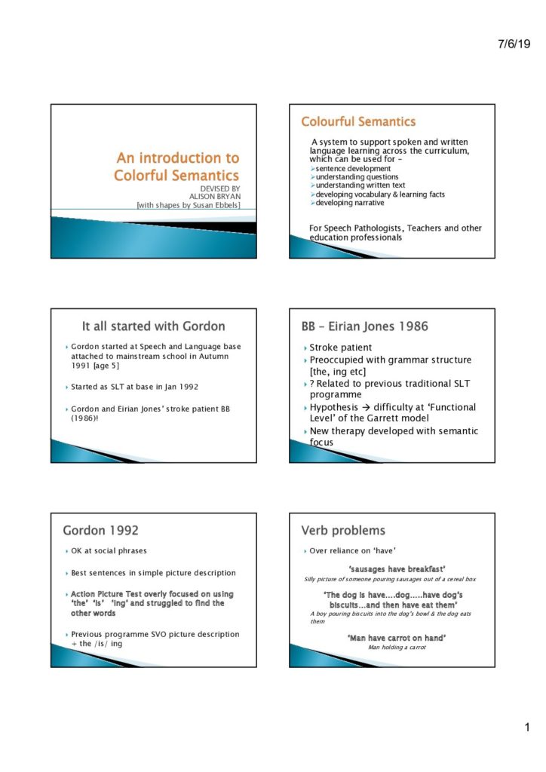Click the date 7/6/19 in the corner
pyautogui.click(x=514, y=44)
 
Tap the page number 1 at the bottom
pyautogui.click(x=528, y=728)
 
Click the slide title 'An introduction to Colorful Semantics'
pyautogui.click(x=176, y=167)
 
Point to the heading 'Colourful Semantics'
pyautogui.click(x=358, y=121)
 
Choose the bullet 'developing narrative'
pyautogui.click(x=349, y=203)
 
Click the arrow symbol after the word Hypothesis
pyautogui.click(x=372, y=407)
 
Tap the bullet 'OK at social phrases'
pyautogui.click(x=110, y=551)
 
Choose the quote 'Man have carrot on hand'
pyautogui.click(x=397, y=638)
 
